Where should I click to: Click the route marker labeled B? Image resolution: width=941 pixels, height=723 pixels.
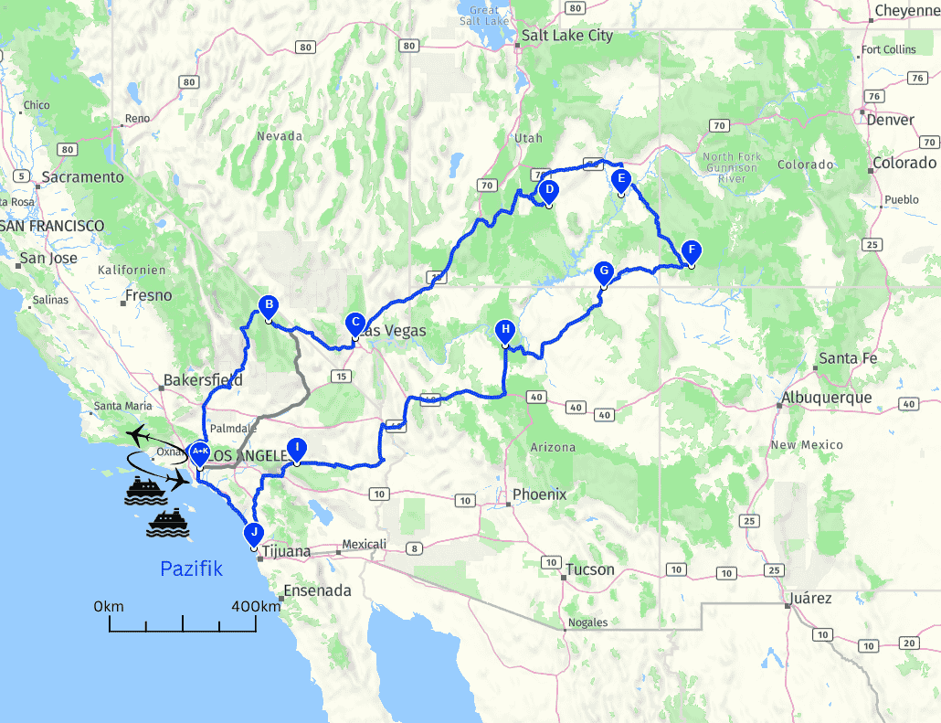(x=268, y=306)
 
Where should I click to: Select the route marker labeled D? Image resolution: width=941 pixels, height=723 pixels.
(x=549, y=191)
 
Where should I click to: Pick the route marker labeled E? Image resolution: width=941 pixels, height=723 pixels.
(x=620, y=179)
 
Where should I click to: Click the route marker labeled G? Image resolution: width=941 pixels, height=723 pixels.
(x=603, y=272)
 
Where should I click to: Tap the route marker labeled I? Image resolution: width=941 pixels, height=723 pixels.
(x=296, y=448)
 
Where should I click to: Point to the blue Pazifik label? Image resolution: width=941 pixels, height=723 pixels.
(x=191, y=569)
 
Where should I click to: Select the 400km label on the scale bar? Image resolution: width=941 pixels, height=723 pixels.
(x=256, y=606)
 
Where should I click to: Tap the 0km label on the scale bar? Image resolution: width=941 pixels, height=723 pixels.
(x=109, y=606)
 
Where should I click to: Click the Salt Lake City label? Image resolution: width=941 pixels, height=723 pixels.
(x=566, y=36)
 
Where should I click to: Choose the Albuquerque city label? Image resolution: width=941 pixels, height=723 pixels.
(x=826, y=398)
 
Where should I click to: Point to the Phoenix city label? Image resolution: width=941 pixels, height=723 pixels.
(x=539, y=494)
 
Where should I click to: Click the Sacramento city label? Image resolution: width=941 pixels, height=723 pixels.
(x=82, y=176)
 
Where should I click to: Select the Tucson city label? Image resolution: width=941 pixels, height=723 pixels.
(x=589, y=569)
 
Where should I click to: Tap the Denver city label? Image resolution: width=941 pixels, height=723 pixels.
(x=892, y=120)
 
